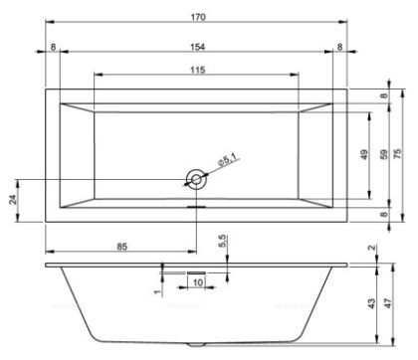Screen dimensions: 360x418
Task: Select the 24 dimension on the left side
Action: pyautogui.click(x=15, y=200)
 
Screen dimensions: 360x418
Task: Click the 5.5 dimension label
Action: pyautogui.click(x=223, y=240)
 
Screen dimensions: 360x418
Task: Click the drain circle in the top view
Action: pyautogui.click(x=196, y=180)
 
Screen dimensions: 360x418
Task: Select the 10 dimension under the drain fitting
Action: pyautogui.click(x=197, y=283)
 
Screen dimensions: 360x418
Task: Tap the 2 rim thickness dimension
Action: pyautogui.click(x=376, y=249)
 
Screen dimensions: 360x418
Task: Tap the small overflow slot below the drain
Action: pyautogui.click(x=196, y=207)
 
